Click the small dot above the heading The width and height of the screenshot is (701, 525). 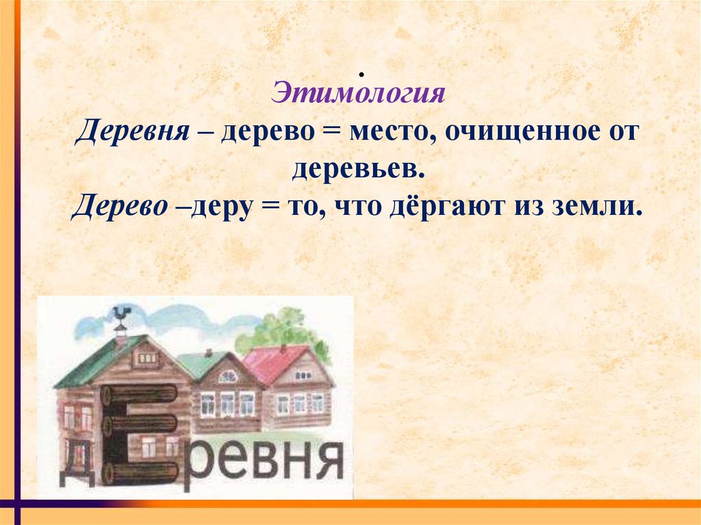pyautogui.click(x=359, y=73)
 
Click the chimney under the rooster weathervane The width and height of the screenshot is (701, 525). pyautogui.click(x=120, y=336)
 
